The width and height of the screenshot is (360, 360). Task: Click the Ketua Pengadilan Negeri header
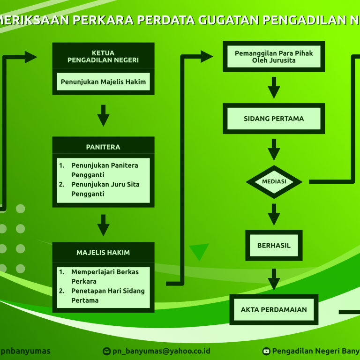103,56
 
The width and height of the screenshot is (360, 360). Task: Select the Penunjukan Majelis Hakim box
103,82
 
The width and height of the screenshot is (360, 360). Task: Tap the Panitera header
103,147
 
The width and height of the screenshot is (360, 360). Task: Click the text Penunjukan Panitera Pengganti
104,170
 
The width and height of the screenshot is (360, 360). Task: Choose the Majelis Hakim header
103,253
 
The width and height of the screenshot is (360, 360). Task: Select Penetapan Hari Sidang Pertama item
107,295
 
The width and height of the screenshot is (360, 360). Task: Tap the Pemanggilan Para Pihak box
274,57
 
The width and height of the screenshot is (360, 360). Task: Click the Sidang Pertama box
274,119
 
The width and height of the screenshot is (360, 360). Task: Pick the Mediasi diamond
274,181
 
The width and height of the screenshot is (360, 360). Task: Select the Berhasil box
274,245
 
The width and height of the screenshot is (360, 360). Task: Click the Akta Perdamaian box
274,309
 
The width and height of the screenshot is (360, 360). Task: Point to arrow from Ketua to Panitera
103,115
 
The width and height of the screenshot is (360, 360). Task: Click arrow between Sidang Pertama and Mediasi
274,149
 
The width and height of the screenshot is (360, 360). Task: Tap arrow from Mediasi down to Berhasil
274,214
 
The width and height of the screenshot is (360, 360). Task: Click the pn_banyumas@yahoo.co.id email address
161,351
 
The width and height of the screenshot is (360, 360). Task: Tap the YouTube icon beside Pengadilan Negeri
266,351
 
